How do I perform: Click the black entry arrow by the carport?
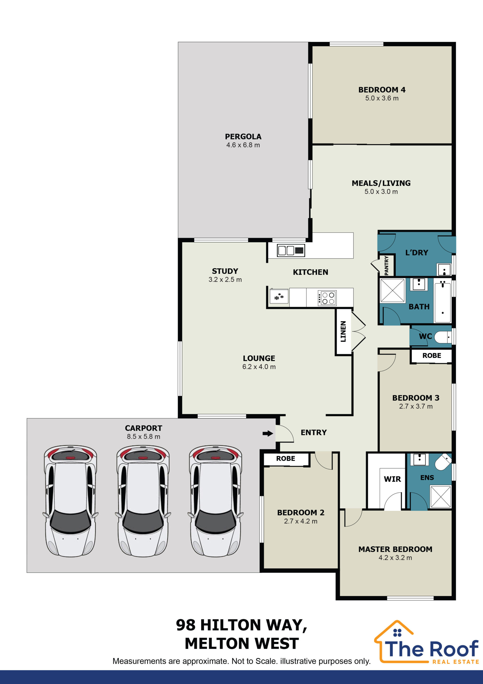(x=268, y=433)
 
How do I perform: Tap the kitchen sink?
(x=291, y=250)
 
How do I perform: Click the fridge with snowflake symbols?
(x=279, y=296)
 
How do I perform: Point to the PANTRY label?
(x=386, y=265)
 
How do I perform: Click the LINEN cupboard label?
(x=343, y=331)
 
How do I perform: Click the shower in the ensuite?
(x=441, y=496)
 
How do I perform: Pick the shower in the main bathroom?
(x=393, y=290)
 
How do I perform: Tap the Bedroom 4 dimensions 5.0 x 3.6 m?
(x=382, y=98)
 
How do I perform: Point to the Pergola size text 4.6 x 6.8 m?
(x=243, y=145)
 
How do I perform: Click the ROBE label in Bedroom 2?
(x=286, y=458)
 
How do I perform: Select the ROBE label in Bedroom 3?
(x=432, y=355)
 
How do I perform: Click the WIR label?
(x=392, y=479)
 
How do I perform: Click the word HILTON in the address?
(x=231, y=625)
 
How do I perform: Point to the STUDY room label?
(x=225, y=271)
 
